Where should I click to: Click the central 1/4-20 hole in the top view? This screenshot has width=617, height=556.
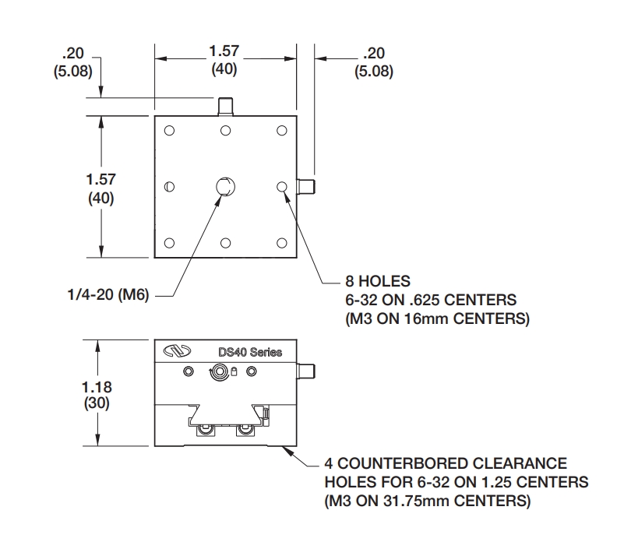click(x=224, y=187)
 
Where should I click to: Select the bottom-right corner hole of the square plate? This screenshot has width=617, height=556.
click(x=281, y=243)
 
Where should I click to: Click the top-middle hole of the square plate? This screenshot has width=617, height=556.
click(x=225, y=130)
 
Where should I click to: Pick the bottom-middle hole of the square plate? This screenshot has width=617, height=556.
click(x=225, y=243)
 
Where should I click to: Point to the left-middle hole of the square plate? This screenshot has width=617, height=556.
click(x=169, y=187)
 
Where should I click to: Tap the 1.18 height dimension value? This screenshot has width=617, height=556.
click(x=100, y=388)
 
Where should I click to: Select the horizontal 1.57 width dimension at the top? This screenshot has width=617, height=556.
click(x=224, y=51)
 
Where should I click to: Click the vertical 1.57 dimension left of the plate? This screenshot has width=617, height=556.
click(x=100, y=179)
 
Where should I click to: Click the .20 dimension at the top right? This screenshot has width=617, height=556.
click(x=374, y=54)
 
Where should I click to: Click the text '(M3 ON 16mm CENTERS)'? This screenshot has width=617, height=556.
click(x=437, y=318)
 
